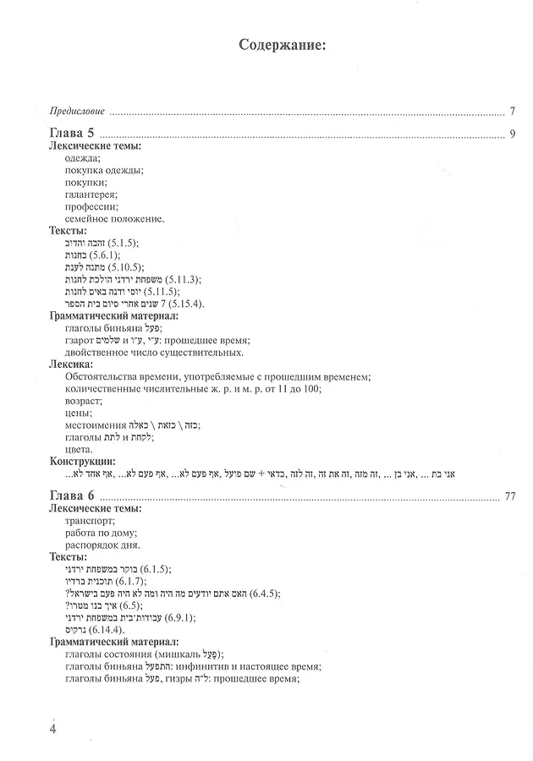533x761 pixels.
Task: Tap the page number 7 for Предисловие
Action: [x=513, y=110]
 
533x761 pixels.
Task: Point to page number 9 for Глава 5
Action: [x=513, y=134]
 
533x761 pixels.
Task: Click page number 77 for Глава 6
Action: [x=509, y=495]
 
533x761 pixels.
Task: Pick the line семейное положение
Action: [x=114, y=218]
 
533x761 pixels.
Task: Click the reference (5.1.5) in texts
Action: [x=121, y=243]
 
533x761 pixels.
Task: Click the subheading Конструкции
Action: [x=82, y=461]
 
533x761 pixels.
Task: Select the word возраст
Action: [x=83, y=400]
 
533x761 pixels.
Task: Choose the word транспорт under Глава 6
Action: [x=89, y=521]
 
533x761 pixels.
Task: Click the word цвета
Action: [x=79, y=449]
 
